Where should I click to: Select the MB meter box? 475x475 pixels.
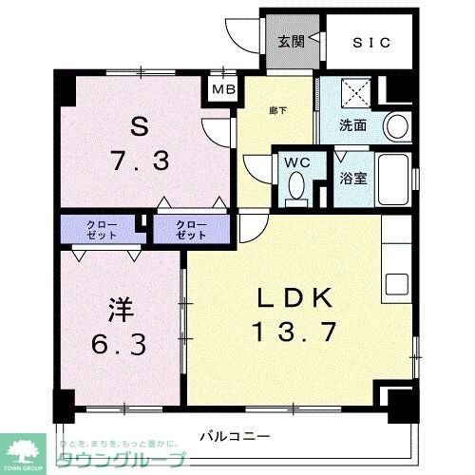tap(223, 90)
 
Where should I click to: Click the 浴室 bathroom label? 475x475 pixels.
tap(353, 177)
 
